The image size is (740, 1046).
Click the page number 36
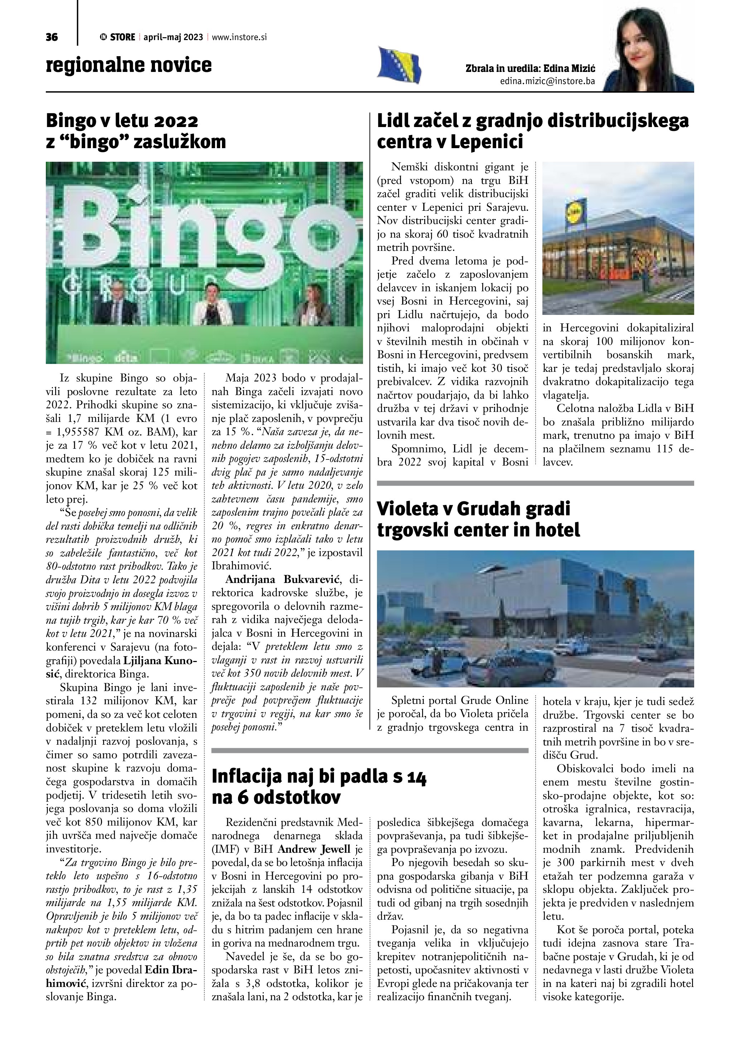pos(52,37)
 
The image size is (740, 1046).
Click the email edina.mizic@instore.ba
pos(547,82)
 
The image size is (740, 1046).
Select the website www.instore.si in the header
pos(239,37)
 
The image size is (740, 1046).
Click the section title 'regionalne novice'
pos(129,65)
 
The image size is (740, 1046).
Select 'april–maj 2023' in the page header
pos(173,37)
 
